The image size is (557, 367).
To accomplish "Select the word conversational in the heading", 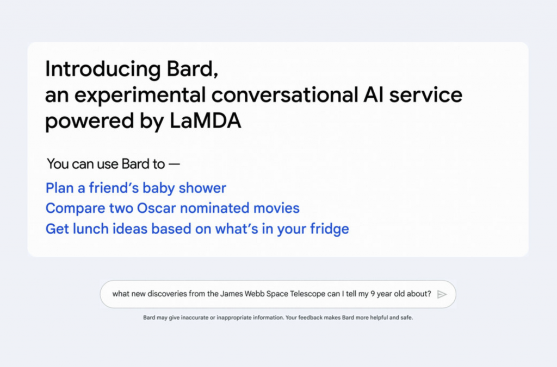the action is click(x=284, y=94).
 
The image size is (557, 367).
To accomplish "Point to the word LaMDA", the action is click(x=205, y=121).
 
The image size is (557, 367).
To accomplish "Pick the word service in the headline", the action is click(x=425, y=94).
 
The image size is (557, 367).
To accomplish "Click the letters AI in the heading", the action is click(x=373, y=94).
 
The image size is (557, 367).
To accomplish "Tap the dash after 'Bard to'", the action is click(x=174, y=164).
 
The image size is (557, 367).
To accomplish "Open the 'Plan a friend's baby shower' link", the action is click(x=135, y=188).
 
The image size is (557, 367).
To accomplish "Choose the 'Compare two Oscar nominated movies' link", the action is click(x=172, y=208).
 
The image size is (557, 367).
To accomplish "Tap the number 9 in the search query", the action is click(x=373, y=294).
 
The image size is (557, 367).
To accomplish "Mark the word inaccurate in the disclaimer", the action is click(x=195, y=318).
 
